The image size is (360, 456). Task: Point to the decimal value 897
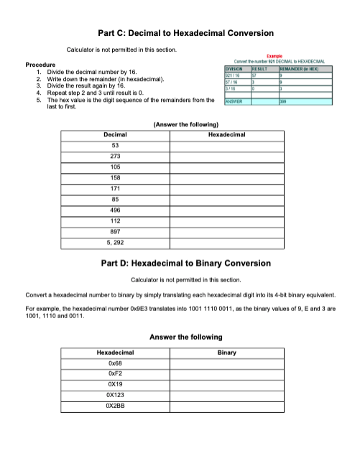pos(115,233)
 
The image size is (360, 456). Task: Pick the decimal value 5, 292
pos(115,243)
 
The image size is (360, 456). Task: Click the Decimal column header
pos(115,134)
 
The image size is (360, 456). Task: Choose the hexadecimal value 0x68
pos(115,363)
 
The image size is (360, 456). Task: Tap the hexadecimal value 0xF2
pos(115,374)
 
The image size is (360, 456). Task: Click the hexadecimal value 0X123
pos(115,396)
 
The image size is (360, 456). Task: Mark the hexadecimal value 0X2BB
pos(115,406)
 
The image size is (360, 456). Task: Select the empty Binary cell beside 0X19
pos(226,385)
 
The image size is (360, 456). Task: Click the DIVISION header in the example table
pos(236,68)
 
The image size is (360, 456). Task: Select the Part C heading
pos(185,33)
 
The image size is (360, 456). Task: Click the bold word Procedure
pos(41,65)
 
